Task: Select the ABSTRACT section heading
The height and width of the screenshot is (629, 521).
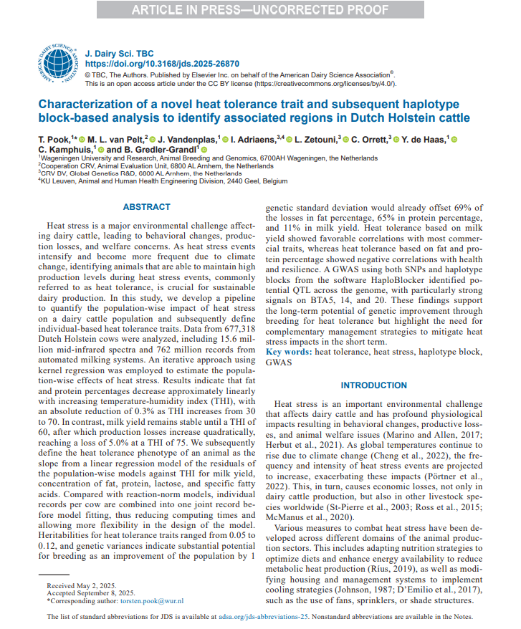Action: coord(146,207)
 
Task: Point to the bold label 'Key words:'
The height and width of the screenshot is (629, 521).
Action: coord(289,352)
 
